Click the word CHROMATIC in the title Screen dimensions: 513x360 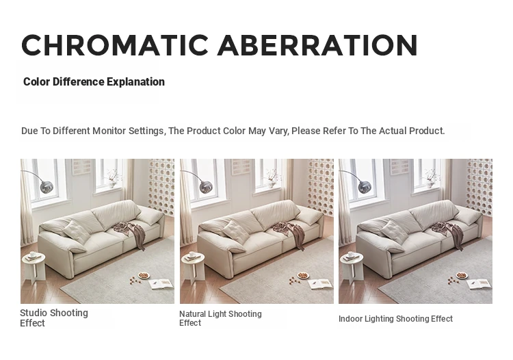[x=115, y=45]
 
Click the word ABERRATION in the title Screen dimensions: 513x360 [x=317, y=45]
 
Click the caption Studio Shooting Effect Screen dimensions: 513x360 [x=54, y=318]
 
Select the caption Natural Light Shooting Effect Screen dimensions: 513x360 [x=220, y=318]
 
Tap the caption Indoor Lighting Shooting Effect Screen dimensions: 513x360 [x=395, y=319]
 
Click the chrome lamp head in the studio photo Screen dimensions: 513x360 [x=47, y=187]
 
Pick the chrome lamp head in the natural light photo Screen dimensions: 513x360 [x=206, y=187]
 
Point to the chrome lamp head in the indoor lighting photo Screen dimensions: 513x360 [x=365, y=187]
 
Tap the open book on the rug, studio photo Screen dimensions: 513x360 [x=161, y=284]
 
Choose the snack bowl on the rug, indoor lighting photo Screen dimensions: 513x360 [x=462, y=275]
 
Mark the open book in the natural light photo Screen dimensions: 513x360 [x=320, y=284]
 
